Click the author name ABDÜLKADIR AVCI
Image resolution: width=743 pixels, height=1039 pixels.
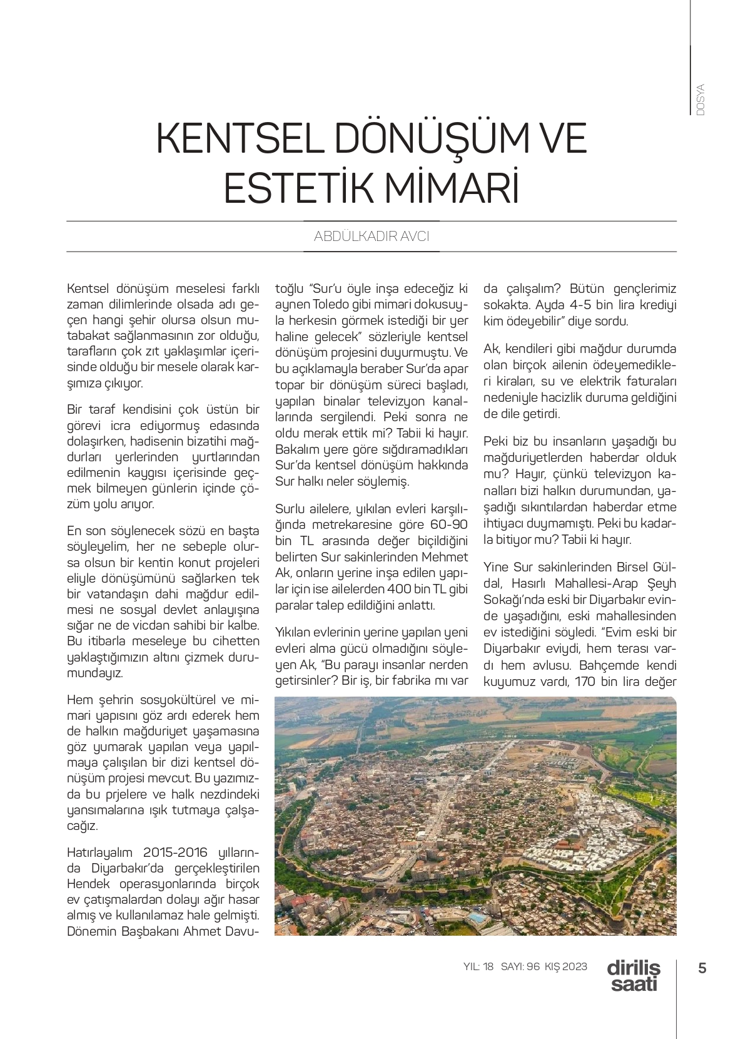point(371,237)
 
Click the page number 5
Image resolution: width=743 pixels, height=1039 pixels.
point(702,968)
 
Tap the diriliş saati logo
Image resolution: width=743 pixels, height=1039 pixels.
point(633,975)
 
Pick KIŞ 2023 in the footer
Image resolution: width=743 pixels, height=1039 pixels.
point(566,966)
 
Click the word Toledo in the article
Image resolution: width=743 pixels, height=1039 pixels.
point(323,305)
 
